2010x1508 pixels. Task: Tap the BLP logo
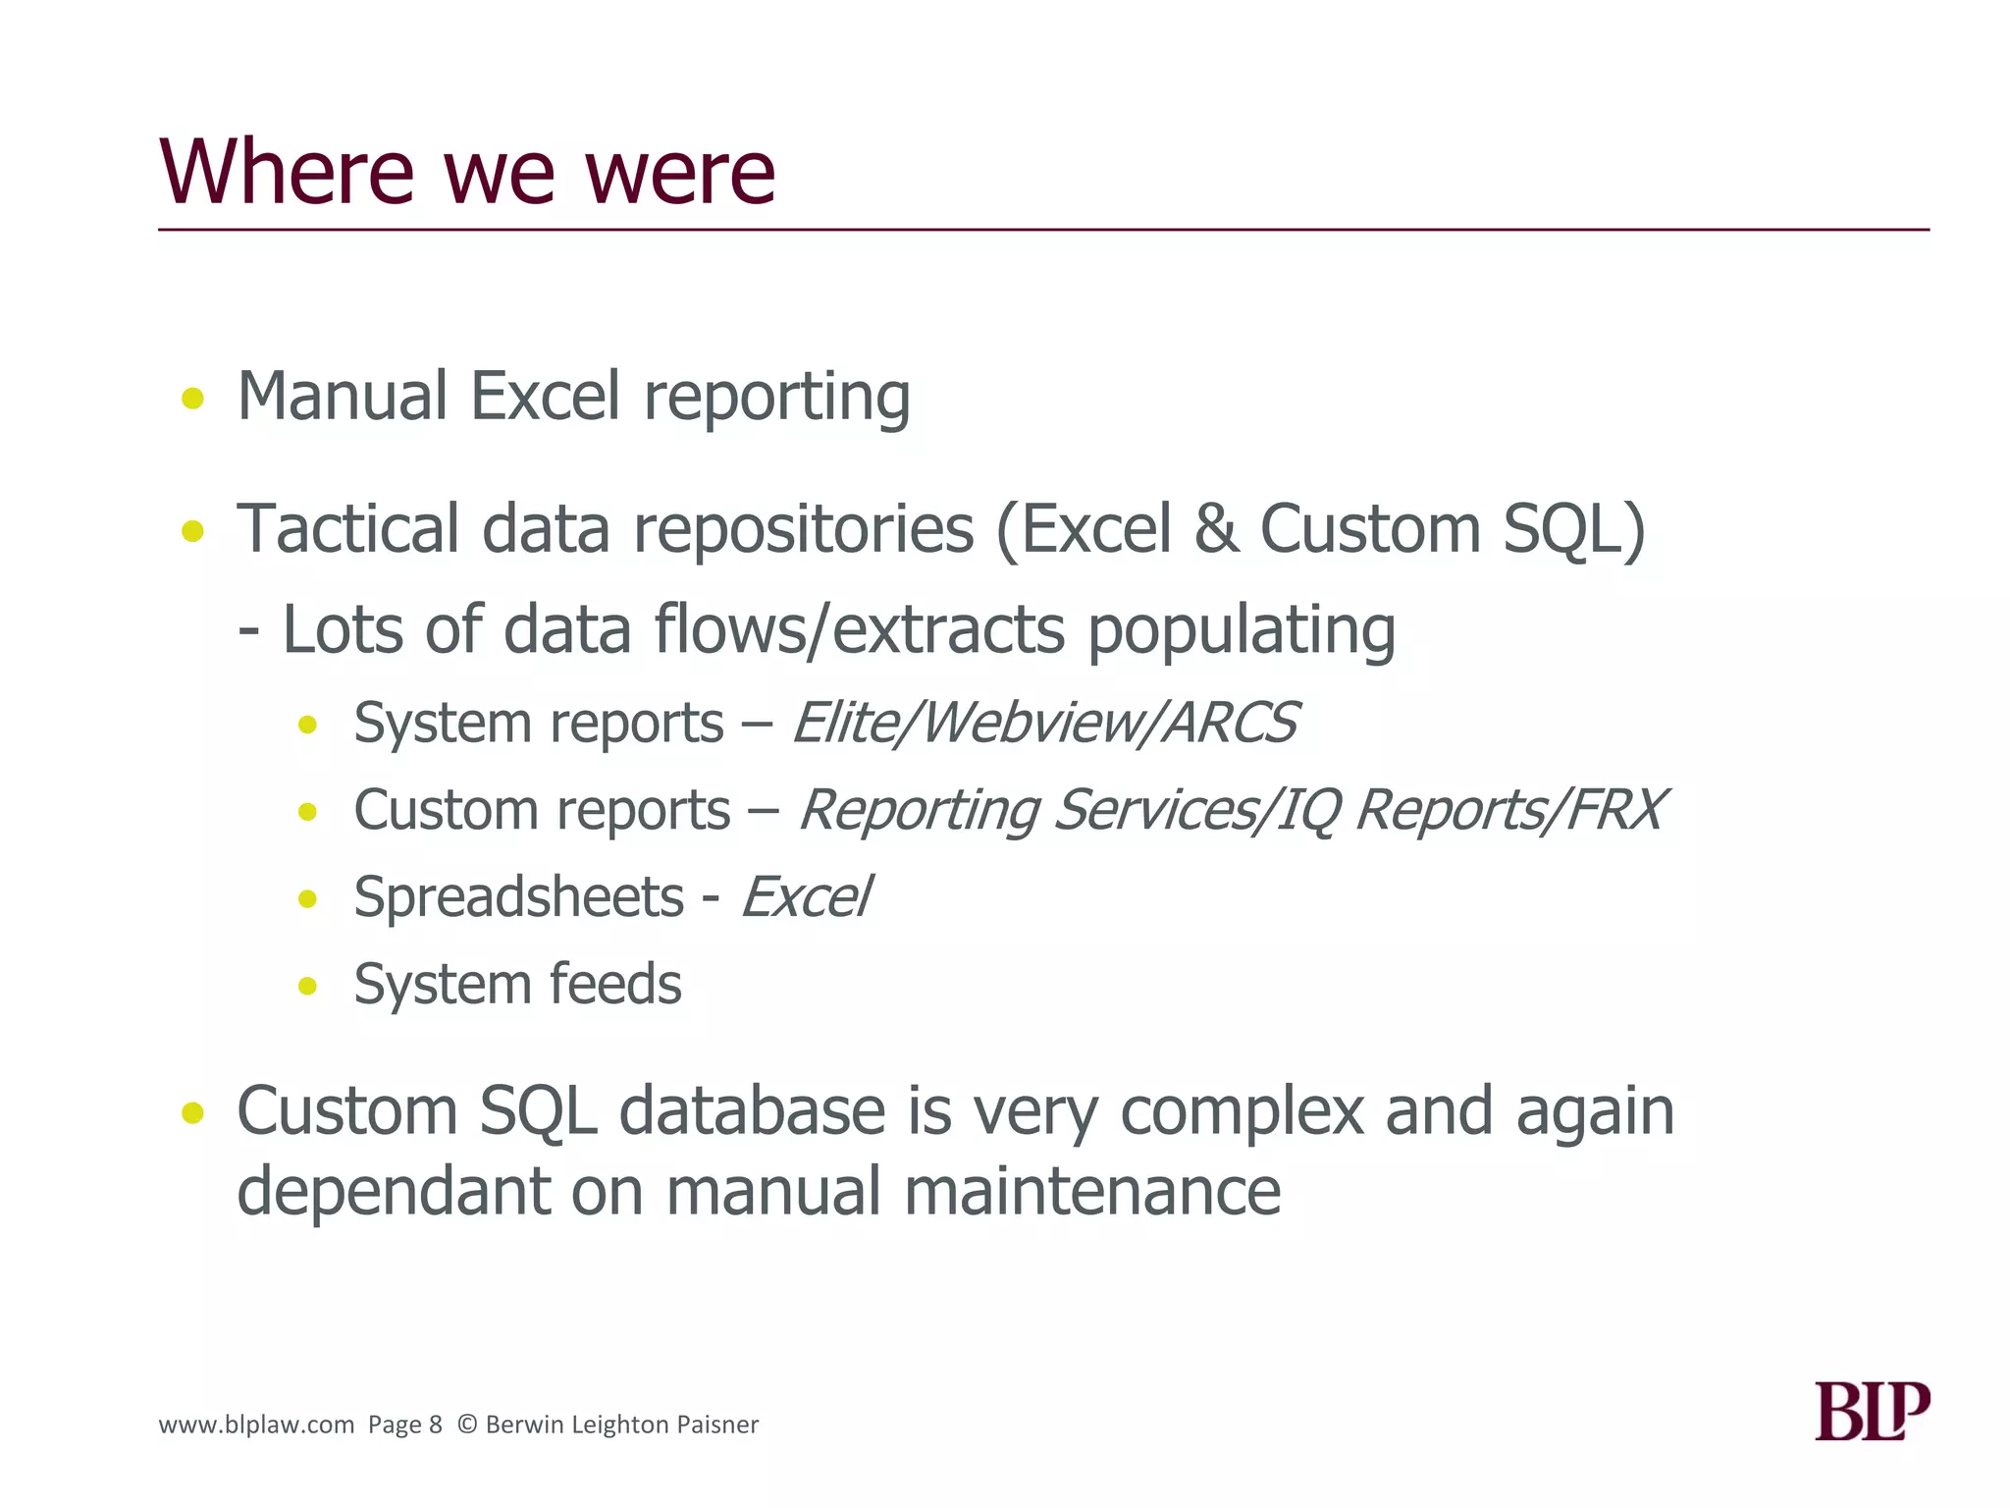(1871, 1411)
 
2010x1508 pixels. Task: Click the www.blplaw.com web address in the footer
(256, 1425)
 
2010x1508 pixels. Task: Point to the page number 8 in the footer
(436, 1425)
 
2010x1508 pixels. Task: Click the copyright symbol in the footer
(467, 1425)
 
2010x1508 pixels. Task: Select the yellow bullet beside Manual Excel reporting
(193, 399)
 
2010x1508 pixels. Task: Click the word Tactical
(347, 530)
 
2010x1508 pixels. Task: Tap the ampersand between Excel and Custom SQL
(1216, 530)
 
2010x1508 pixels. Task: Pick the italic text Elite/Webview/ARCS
(1044, 724)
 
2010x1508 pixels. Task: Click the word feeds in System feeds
(615, 985)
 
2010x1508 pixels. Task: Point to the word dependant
(393, 1192)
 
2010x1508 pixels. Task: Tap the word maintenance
(1091, 1192)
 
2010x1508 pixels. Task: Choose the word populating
(1241, 630)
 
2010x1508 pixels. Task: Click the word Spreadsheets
(518, 898)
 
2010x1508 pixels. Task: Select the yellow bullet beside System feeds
(308, 986)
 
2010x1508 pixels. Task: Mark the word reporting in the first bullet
(776, 399)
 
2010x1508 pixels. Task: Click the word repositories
(803, 530)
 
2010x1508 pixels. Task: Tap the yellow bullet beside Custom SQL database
(193, 1113)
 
